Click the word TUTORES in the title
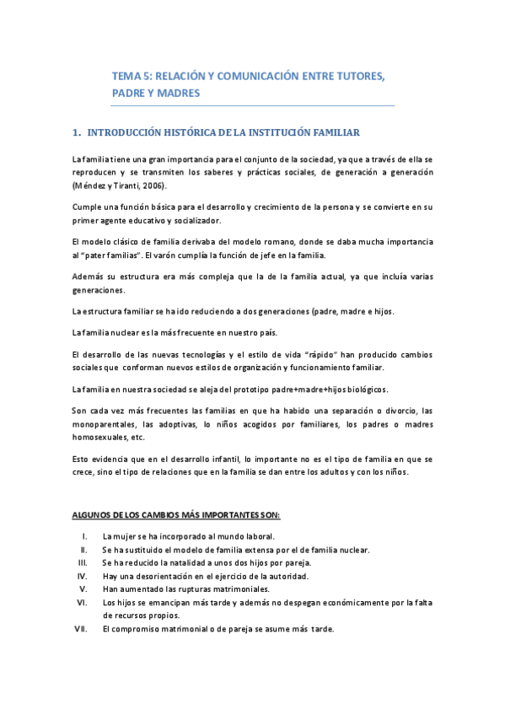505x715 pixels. (x=356, y=76)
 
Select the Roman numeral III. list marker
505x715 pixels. (x=83, y=562)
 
